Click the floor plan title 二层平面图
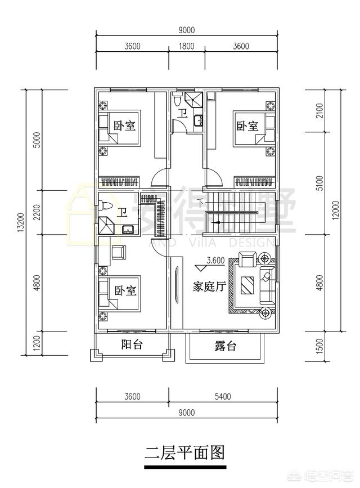185,452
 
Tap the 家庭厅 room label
209,286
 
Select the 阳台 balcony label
131,345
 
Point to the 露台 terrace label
225,346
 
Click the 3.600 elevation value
216,261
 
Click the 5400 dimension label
223,397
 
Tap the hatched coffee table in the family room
247,285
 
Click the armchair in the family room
247,260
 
